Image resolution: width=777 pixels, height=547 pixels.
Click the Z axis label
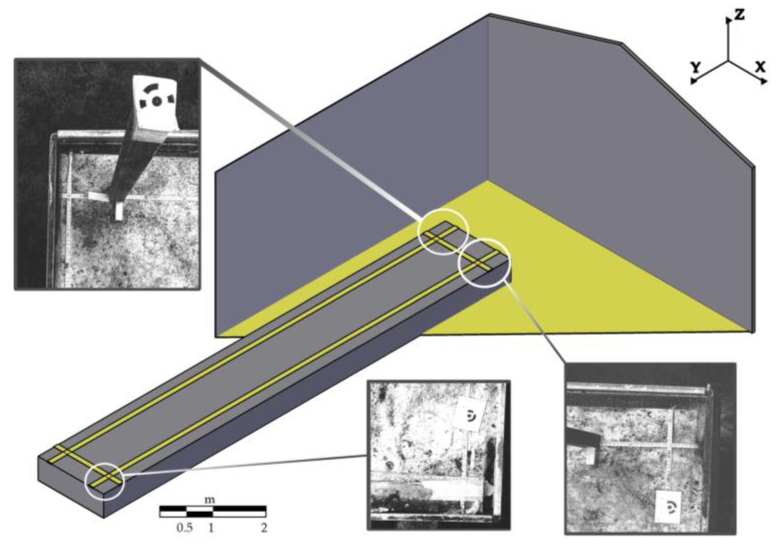[x=740, y=15]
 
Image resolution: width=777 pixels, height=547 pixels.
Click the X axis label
[x=760, y=67]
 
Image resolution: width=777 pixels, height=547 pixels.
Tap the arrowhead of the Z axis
[x=728, y=20]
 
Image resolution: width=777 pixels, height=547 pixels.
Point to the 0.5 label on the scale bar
[x=184, y=528]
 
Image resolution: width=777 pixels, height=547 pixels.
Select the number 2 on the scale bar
[x=264, y=528]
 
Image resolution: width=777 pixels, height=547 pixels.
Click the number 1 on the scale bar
[x=211, y=528]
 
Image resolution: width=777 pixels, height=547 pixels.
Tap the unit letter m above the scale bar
[x=210, y=500]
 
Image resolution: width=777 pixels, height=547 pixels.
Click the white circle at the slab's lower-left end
[x=105, y=481]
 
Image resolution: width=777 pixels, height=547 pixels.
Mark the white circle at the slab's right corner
[x=484, y=263]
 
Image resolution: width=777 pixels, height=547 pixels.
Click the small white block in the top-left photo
[x=119, y=212]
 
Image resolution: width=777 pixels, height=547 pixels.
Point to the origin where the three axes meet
[x=728, y=61]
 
